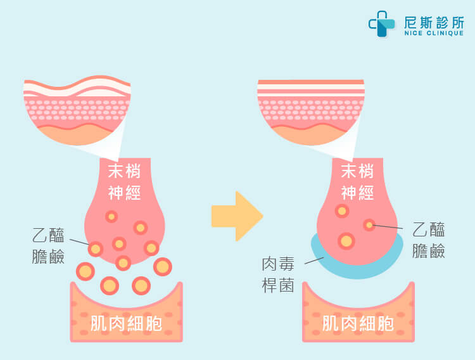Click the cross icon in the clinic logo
(382, 24)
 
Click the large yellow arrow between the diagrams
(237, 215)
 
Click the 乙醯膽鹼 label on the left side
(48, 246)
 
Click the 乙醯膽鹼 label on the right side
(428, 240)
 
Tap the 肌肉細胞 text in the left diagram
(125, 325)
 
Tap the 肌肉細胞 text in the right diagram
(358, 325)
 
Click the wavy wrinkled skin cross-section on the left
(76, 112)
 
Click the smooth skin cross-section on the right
(310, 112)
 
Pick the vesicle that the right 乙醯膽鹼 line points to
(369, 224)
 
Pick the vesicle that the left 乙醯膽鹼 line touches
(96, 249)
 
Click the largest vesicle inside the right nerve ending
(346, 241)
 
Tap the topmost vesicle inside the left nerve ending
(111, 217)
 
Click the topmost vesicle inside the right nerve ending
(343, 210)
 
